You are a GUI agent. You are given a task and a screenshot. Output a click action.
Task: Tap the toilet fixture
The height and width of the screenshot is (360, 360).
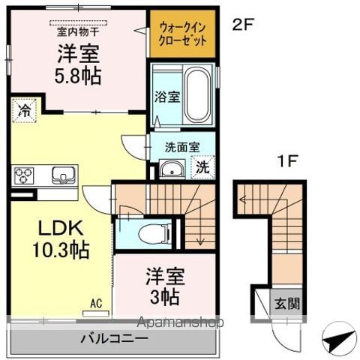coord(154,234)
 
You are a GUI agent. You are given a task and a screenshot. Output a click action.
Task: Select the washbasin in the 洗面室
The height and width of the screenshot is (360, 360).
coord(172,169)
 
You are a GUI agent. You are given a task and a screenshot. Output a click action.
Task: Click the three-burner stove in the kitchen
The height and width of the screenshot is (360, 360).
coord(24,175)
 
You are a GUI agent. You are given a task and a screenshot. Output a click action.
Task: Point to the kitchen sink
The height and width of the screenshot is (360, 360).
coord(64,175)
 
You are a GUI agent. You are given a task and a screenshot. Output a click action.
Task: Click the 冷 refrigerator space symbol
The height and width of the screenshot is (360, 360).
coord(25,110)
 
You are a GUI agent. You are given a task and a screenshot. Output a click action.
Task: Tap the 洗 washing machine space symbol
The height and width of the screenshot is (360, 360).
coord(202,167)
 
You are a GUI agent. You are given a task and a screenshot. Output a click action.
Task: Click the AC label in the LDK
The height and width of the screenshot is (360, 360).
coord(96,303)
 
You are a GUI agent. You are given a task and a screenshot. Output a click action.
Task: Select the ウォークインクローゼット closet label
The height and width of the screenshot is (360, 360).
coord(182,34)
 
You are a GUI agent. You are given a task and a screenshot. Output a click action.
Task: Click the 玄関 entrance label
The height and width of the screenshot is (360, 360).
coord(287,304)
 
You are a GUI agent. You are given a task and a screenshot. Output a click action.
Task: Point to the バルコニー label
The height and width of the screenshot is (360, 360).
coord(115,338)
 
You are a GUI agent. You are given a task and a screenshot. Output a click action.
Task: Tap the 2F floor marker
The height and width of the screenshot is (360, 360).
coord(243,25)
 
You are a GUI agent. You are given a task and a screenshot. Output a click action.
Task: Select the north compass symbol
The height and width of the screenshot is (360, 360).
coord(339,339)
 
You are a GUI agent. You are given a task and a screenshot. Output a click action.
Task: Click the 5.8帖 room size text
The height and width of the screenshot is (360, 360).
coord(78,76)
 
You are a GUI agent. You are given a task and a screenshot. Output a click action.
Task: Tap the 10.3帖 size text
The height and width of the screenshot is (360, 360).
coord(61,249)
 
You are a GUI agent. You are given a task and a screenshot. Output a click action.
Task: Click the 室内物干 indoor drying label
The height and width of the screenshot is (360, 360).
coord(78,32)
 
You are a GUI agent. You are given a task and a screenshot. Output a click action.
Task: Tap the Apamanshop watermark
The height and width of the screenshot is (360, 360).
coord(180,322)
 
